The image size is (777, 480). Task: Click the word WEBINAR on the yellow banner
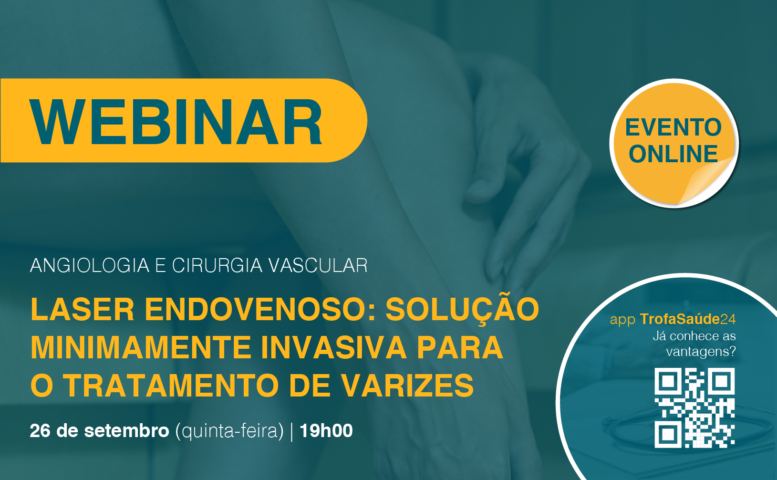pyautogui.click(x=176, y=122)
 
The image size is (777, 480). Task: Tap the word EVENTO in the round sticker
pyautogui.click(x=673, y=127)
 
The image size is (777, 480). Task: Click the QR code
pyautogui.click(x=694, y=408)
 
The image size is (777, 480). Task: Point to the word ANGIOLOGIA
pyautogui.click(x=90, y=265)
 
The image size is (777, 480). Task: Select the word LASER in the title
pyautogui.click(x=83, y=310)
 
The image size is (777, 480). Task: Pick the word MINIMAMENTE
pyautogui.click(x=141, y=348)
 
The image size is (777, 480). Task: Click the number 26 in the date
pyautogui.click(x=41, y=431)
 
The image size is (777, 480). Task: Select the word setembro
pyautogui.click(x=126, y=431)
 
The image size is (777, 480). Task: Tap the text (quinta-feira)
pyautogui.click(x=229, y=431)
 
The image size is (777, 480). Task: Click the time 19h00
pyautogui.click(x=326, y=431)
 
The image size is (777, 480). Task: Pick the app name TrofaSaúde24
pyautogui.click(x=688, y=319)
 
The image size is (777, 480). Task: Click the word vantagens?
pyautogui.click(x=701, y=352)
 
